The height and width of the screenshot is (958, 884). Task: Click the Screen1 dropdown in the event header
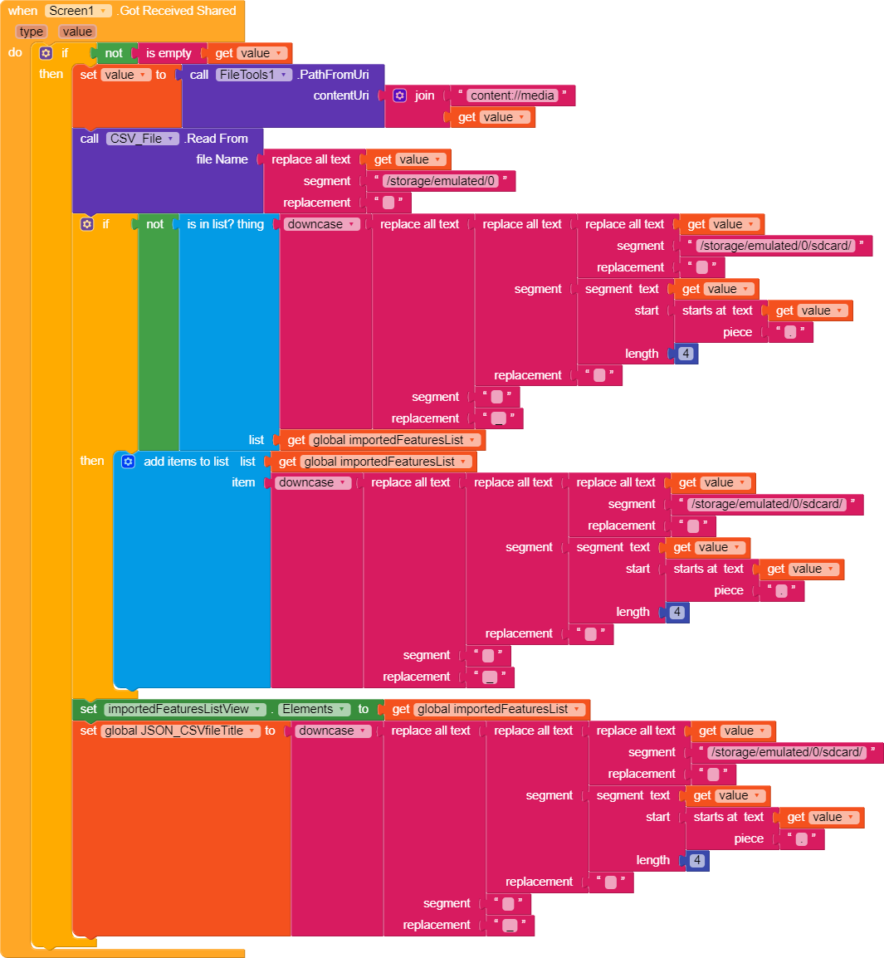coord(78,11)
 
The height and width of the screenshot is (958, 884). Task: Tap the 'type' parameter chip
coord(32,32)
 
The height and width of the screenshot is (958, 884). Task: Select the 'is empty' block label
coord(168,53)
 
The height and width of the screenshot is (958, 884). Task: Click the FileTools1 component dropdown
coord(255,75)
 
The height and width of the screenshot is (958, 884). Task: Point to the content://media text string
coord(512,95)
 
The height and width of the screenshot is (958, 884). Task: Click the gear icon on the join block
coord(399,95)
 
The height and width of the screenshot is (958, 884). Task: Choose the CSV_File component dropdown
coord(142,139)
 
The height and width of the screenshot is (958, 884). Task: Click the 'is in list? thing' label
coord(225,224)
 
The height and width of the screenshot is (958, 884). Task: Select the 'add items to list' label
coord(186,462)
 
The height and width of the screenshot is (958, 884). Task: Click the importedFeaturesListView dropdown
coord(184,709)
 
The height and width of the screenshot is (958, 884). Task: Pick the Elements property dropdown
coord(313,709)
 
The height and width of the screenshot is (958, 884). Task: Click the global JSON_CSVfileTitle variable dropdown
coord(180,731)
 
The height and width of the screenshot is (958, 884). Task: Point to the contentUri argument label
coord(341,95)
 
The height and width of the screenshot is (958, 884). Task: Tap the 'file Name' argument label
coord(222,159)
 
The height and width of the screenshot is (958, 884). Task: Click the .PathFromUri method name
coord(334,75)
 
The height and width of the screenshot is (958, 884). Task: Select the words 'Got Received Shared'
coord(178,11)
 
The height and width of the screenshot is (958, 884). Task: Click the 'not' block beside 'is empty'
coord(114,53)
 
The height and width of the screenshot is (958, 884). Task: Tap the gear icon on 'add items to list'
coord(128,462)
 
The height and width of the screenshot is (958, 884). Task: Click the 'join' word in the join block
coord(424,95)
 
